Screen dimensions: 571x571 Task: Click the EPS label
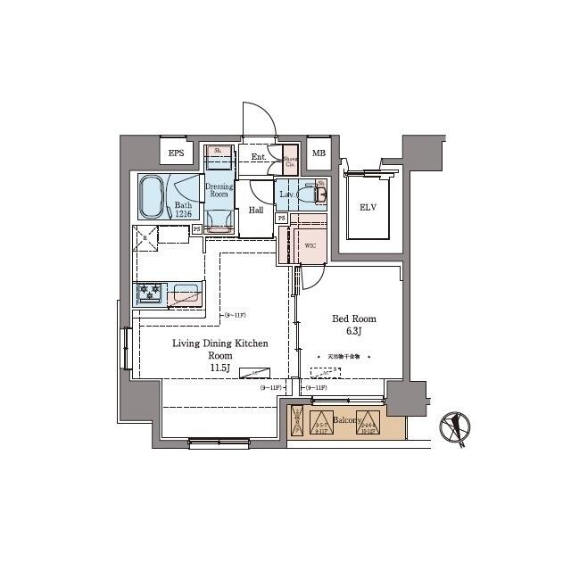[176, 153]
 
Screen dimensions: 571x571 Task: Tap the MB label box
[319, 153]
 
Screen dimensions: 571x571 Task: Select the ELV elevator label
[368, 207]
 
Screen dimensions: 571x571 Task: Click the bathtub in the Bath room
[152, 195]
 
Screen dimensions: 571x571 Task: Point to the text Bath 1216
[182, 208]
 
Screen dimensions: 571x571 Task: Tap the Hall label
[255, 211]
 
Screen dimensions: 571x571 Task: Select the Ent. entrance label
[259, 158]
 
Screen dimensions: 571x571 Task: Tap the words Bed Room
[354, 319]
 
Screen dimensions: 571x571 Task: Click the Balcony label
[345, 419]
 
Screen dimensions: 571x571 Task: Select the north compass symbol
[457, 427]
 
